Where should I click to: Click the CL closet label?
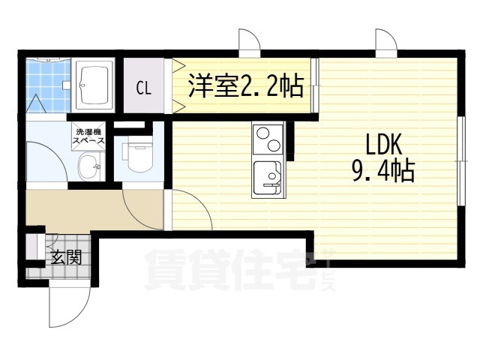click(x=143, y=88)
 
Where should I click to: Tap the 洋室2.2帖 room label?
click(x=246, y=85)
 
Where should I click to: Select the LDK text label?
click(x=384, y=145)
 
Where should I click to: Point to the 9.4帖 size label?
click(x=384, y=171)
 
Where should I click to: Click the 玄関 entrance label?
click(x=66, y=257)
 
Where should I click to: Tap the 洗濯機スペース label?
click(x=88, y=136)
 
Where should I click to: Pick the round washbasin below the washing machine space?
click(x=89, y=167)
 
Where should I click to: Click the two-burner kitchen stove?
click(x=268, y=139)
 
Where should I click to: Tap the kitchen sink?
click(x=267, y=178)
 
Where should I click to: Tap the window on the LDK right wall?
click(x=461, y=160)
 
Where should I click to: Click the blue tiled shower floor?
click(x=48, y=85)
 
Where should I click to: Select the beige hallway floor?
click(x=94, y=209)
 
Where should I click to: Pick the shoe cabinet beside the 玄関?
click(x=31, y=247)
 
